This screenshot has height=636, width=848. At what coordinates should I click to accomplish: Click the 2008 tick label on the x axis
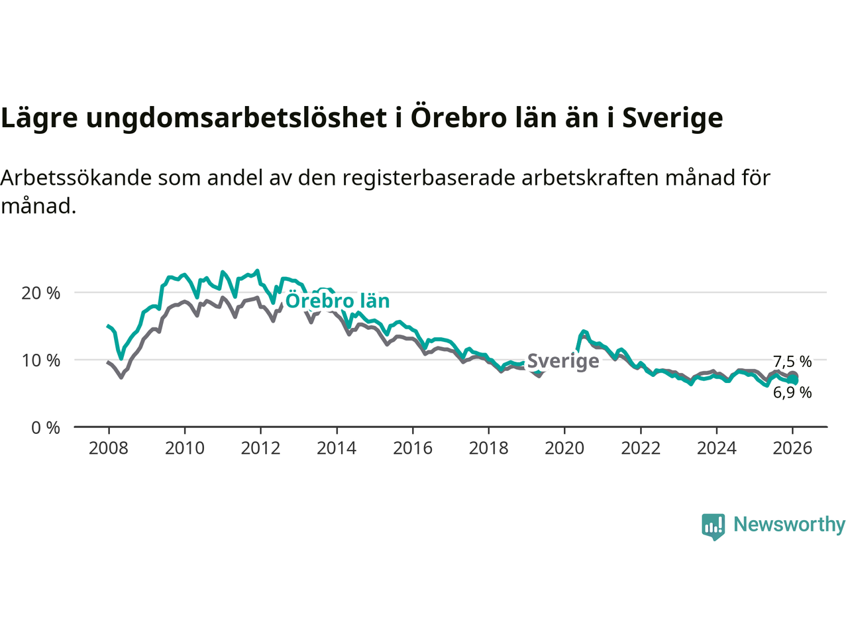pyautogui.click(x=109, y=449)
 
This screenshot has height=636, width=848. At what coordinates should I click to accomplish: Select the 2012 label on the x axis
pyautogui.click(x=260, y=449)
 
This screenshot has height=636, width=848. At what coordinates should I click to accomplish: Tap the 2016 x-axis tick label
pyautogui.click(x=413, y=449)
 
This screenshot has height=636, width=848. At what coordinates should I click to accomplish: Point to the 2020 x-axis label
pyautogui.click(x=564, y=449)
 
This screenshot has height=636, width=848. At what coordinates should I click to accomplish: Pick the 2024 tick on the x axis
pyautogui.click(x=716, y=449)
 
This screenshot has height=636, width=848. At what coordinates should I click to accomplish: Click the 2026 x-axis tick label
pyautogui.click(x=792, y=449)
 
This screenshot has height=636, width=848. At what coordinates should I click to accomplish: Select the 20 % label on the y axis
pyautogui.click(x=41, y=293)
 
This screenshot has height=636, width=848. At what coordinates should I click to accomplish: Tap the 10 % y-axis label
pyautogui.click(x=41, y=360)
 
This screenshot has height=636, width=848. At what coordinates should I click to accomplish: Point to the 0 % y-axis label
pyautogui.click(x=46, y=428)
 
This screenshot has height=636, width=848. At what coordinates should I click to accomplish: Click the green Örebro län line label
pyautogui.click(x=337, y=301)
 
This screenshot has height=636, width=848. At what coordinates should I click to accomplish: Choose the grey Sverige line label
pyautogui.click(x=563, y=361)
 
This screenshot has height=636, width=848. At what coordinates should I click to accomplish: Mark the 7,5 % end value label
pyautogui.click(x=792, y=362)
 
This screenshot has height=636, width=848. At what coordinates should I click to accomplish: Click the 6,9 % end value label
pyautogui.click(x=792, y=392)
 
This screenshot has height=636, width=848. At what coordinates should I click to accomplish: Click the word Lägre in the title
pyautogui.click(x=39, y=118)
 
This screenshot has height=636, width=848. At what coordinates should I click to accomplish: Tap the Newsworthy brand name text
pyautogui.click(x=789, y=525)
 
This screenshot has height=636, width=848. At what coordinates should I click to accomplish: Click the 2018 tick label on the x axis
pyautogui.click(x=488, y=449)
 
